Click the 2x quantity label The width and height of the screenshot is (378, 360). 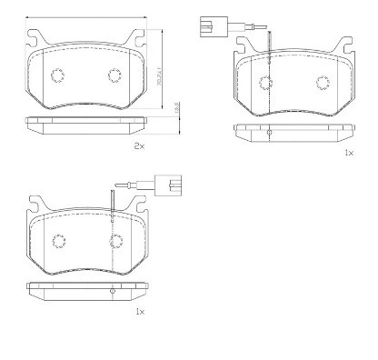coord(139,145)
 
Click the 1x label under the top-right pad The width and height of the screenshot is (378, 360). coord(348,154)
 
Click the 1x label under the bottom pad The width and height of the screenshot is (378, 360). coord(139,312)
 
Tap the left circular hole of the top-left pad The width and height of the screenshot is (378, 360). coord(55,75)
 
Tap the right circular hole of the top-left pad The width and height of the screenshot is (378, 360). coord(115,75)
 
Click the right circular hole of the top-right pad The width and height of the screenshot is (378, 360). coord(323,83)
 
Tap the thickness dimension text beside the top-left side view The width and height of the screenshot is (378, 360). coord(177,108)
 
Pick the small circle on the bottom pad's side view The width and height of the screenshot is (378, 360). coord(111,291)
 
